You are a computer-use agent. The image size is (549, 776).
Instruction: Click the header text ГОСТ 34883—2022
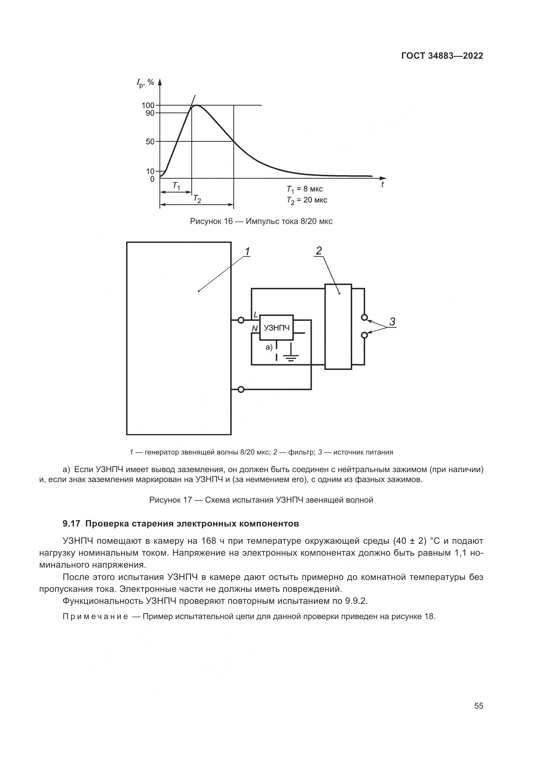pos(442,56)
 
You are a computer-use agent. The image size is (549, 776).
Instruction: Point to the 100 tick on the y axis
pos(148,106)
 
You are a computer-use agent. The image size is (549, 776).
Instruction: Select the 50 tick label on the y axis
pos(150,142)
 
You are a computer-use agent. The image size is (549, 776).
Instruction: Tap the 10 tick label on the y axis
pos(150,171)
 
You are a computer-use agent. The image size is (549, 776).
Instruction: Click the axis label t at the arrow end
pos(382,185)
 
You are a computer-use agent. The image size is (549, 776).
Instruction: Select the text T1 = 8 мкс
pos(305,189)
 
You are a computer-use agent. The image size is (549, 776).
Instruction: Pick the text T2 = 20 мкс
pos(307,200)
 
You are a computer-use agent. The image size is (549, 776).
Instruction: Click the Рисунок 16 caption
pos(261,221)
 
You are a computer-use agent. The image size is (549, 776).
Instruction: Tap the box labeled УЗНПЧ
pos(276,327)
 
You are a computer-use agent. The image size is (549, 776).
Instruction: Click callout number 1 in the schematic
pos(247,251)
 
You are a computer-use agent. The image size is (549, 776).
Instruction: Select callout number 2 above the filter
pos(318,250)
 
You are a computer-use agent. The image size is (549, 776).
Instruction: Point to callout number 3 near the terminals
pos(392,321)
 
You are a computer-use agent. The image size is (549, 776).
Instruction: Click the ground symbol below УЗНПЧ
pos(291,357)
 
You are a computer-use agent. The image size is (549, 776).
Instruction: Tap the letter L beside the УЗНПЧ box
pos(256,315)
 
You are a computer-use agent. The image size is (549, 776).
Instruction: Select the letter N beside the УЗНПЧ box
pos(254,328)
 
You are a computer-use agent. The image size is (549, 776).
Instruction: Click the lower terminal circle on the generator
pos(241,390)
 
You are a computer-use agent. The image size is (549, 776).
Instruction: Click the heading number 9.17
pos(71,524)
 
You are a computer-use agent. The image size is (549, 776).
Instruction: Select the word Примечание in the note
pos(95,616)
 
